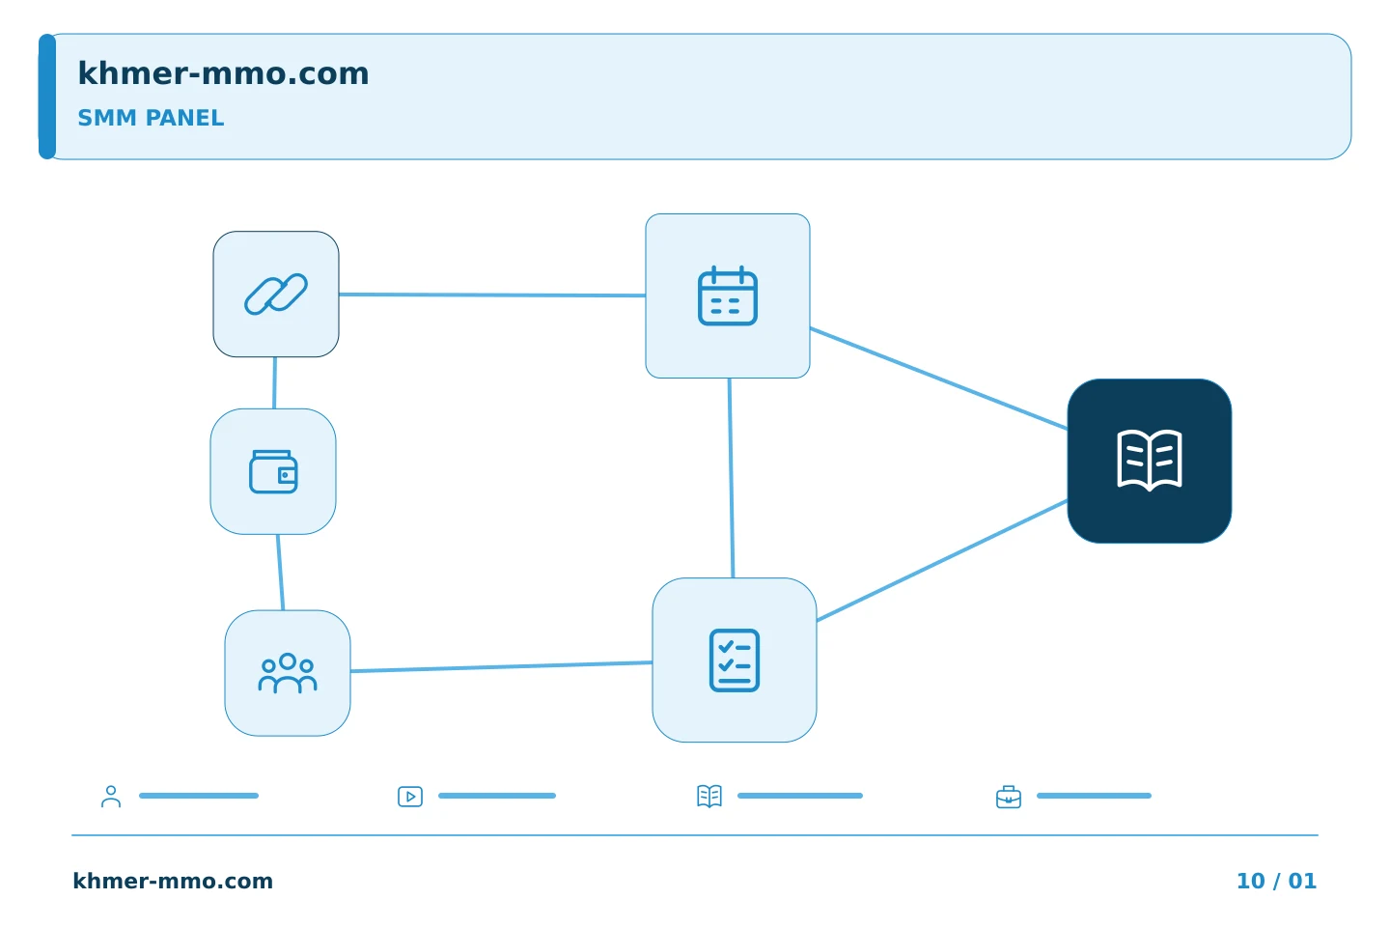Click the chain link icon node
pyautogui.click(x=276, y=295)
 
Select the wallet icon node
pyautogui.click(x=273, y=472)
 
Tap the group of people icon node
pyautogui.click(x=288, y=674)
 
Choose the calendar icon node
pyautogui.click(x=728, y=296)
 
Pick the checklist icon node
pyautogui.click(x=735, y=660)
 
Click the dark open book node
pyautogui.click(x=1150, y=462)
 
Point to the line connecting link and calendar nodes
pyautogui.click(x=492, y=295)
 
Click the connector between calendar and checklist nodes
pyautogui.click(x=731, y=478)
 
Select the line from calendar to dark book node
pyautogui.click(x=939, y=379)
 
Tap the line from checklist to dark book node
pyautogui.click(x=942, y=561)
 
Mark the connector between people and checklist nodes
pyautogui.click(x=501, y=667)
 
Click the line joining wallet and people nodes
pyautogui.click(x=281, y=573)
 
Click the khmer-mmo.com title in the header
pyautogui.click(x=223, y=73)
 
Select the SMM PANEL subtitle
pyautogui.click(x=151, y=118)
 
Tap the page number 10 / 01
pyautogui.click(x=1276, y=881)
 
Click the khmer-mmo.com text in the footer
pyautogui.click(x=173, y=881)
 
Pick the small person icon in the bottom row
pyautogui.click(x=111, y=797)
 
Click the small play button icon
pyautogui.click(x=410, y=797)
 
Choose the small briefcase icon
pyautogui.click(x=1009, y=798)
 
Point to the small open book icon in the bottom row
pyautogui.click(x=709, y=797)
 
